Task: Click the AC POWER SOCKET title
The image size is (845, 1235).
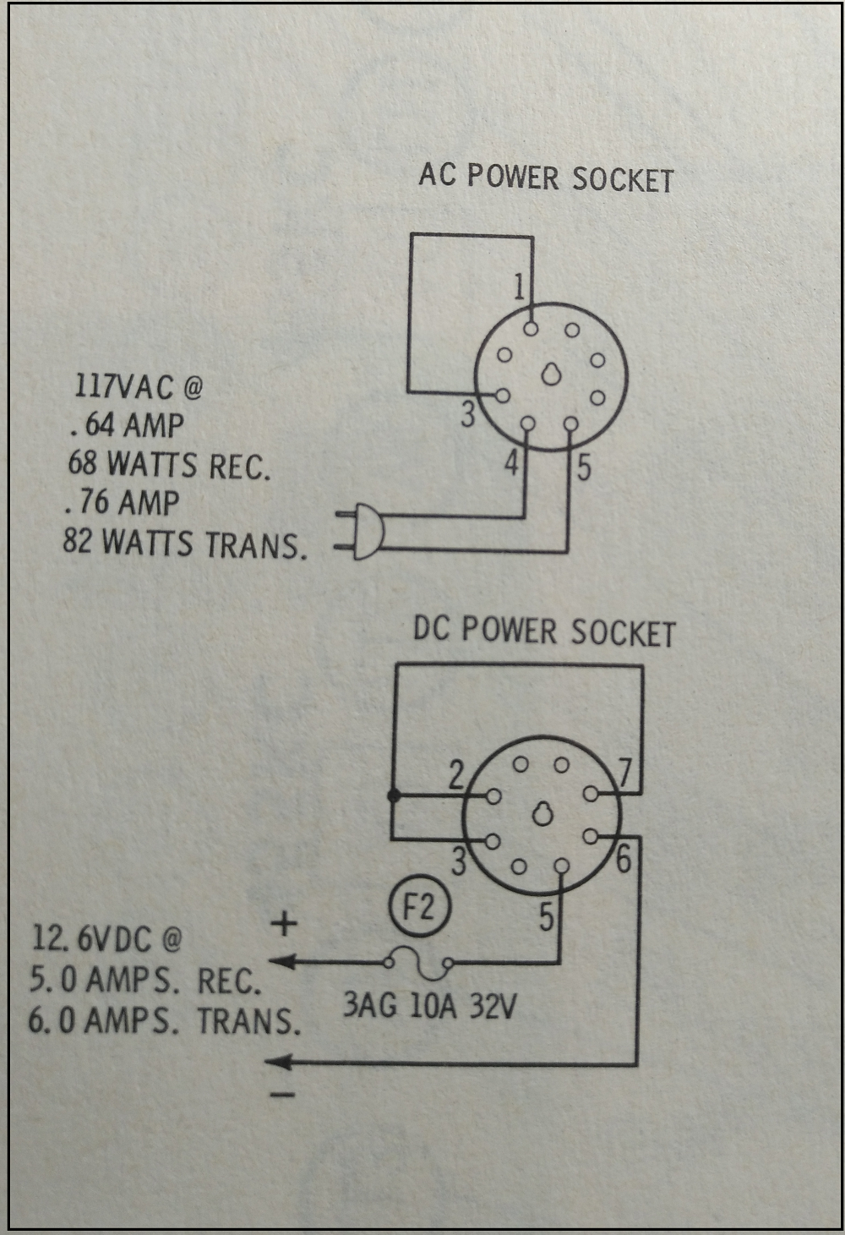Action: pos(546,178)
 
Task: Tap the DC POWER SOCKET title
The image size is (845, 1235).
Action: pos(543,631)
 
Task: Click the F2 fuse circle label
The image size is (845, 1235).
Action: pos(418,906)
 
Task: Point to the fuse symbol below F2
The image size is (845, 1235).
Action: pos(418,961)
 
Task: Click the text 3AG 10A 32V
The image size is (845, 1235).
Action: pos(429,1006)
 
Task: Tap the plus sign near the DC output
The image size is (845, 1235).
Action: pos(284,922)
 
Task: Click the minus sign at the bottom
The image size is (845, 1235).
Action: pos(283,1095)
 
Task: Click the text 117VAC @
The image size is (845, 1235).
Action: pos(139,387)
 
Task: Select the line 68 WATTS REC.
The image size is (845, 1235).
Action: pos(169,465)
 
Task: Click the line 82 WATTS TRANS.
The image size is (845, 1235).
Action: pos(184,543)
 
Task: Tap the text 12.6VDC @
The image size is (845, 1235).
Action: pos(106,938)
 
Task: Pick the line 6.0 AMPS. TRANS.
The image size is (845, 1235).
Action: pos(164,1021)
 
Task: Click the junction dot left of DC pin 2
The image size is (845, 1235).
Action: pos(393,795)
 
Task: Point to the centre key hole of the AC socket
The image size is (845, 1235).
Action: pos(551,374)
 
